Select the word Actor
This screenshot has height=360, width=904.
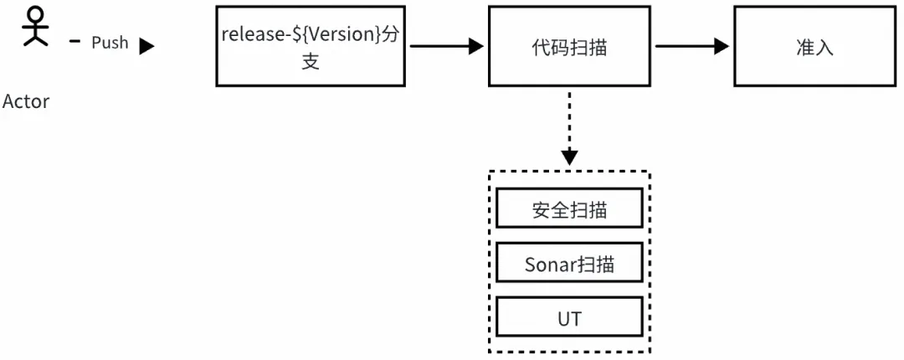pyautogui.click(x=26, y=102)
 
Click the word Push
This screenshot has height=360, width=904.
pyautogui.click(x=110, y=43)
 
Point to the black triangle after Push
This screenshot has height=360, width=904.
pyautogui.click(x=146, y=46)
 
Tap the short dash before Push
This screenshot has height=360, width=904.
pyautogui.click(x=74, y=41)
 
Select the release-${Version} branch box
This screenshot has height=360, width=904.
pyautogui.click(x=311, y=47)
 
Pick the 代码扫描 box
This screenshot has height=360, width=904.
pyautogui.click(x=569, y=47)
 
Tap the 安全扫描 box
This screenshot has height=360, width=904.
pyautogui.click(x=569, y=210)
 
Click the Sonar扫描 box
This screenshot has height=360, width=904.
pyautogui.click(x=569, y=265)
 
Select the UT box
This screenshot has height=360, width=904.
pyautogui.click(x=569, y=319)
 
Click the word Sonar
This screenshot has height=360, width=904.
pyautogui.click(x=551, y=265)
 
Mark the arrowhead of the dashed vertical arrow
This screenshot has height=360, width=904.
pyautogui.click(x=569, y=157)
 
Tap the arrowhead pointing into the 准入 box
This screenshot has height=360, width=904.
pyautogui.click(x=721, y=47)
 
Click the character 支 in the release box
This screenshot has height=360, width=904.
pyautogui.click(x=311, y=62)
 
